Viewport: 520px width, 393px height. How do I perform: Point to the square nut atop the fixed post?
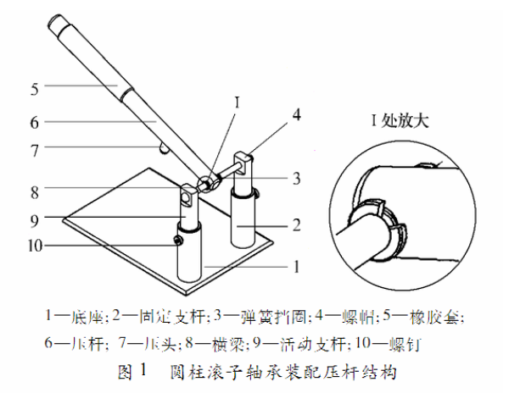243,160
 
